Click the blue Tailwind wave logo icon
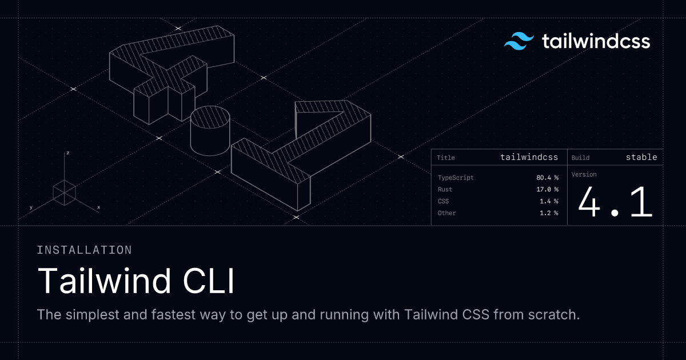[519, 41]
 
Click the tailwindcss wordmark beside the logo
[596, 41]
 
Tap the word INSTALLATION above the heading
[84, 250]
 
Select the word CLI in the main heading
[209, 281]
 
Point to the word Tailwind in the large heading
[104, 281]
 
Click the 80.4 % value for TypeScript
[547, 178]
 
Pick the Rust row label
[445, 189]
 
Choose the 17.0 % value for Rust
[547, 189]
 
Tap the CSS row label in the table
[443, 201]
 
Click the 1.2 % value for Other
[549, 213]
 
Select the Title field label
[445, 158]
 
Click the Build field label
[580, 158]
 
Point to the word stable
[641, 157]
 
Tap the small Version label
[584, 174]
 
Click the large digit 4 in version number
[589, 202]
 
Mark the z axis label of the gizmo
[67, 153]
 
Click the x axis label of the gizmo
[98, 207]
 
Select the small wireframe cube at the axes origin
[64, 193]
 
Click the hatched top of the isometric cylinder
[210, 117]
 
